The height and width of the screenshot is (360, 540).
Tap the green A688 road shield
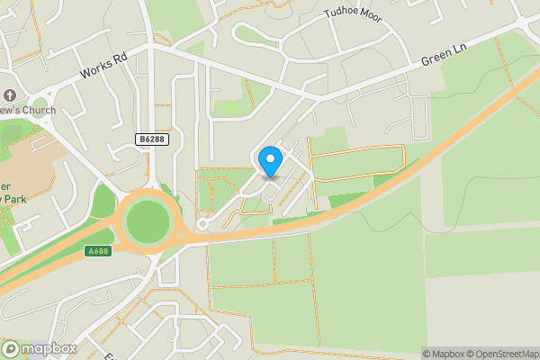coord(98,251)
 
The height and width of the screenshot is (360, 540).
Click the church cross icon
coord(10,94)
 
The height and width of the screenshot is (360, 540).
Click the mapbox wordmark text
coord(49,348)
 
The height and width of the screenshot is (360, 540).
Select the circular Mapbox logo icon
coord(11,348)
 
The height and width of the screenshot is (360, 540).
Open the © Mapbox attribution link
coord(446,354)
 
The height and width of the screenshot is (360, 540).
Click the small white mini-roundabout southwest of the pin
coord(203,223)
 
